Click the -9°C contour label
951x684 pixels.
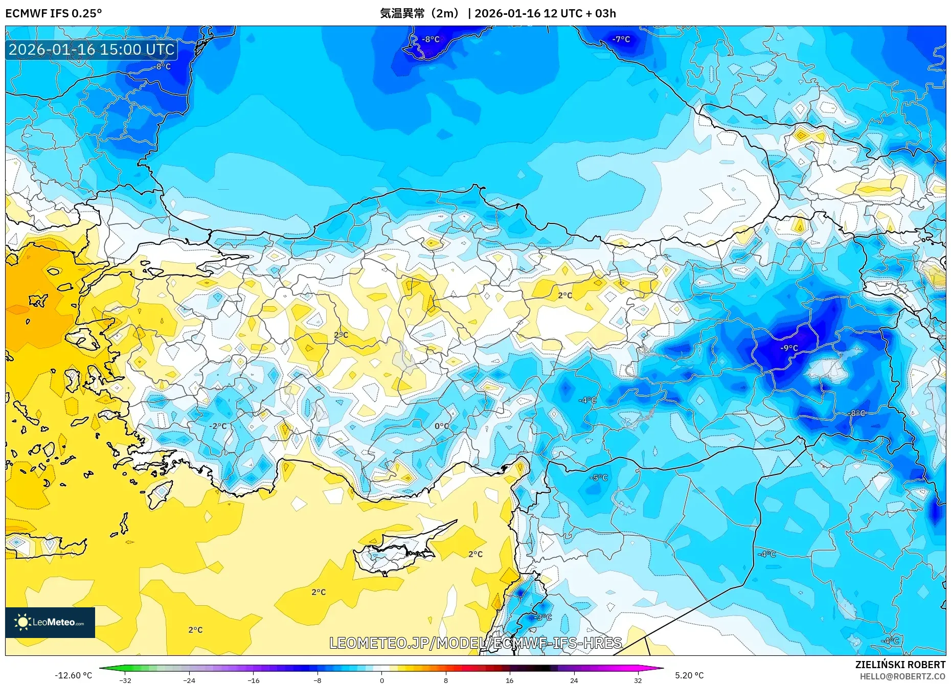click(789, 348)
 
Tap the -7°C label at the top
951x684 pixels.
click(621, 39)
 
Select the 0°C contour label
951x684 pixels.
click(442, 426)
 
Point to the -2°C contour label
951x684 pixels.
click(218, 426)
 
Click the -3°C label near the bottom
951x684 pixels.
click(543, 617)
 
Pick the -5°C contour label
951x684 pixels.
click(599, 477)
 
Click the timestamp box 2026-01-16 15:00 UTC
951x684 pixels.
click(92, 50)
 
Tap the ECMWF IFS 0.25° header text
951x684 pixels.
click(53, 13)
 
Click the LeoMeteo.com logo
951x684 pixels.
click(50, 622)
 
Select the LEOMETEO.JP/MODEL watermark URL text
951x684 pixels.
click(475, 643)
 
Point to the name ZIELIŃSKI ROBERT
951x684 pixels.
click(900, 665)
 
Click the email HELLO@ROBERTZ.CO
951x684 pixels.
click(902, 676)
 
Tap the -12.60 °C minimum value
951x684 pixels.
click(73, 675)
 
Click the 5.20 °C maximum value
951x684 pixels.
click(689, 675)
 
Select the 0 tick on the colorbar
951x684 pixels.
click(381, 680)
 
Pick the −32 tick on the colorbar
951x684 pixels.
click(125, 680)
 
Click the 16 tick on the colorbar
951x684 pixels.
click(509, 680)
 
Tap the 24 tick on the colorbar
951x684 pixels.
click(574, 680)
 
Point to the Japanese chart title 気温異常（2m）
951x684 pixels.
click(419, 13)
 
